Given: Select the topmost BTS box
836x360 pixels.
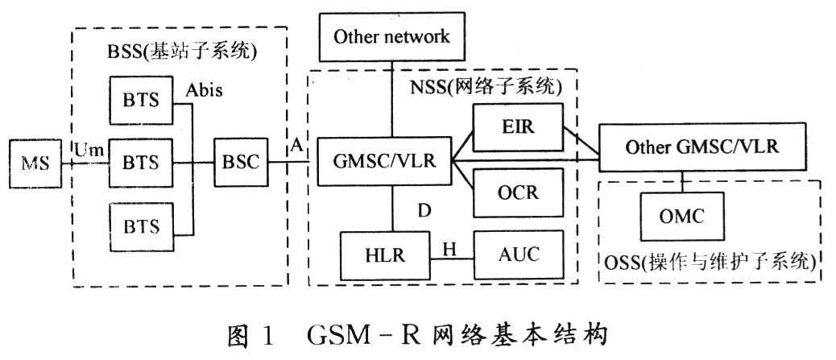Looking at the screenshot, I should (141, 101).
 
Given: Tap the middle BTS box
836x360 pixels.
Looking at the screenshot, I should (141, 162).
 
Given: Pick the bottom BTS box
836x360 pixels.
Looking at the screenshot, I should (141, 223).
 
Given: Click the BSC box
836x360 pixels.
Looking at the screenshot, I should (238, 162).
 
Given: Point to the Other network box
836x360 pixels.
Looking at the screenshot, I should (391, 36).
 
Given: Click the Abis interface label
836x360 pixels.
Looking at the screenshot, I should (204, 90).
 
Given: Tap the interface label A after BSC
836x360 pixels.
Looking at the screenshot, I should (296, 146).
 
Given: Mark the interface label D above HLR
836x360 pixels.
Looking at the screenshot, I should (424, 211).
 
